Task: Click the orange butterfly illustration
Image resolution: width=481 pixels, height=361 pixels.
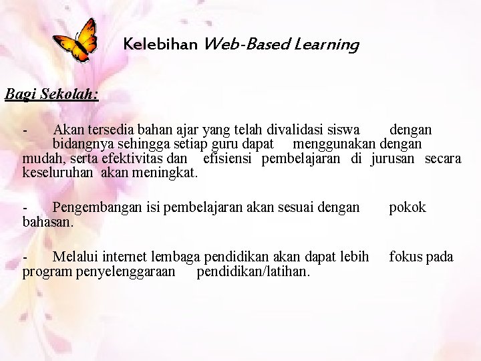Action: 75,41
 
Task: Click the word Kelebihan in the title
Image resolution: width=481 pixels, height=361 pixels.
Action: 160,45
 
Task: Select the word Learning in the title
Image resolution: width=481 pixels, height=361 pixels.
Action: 329,45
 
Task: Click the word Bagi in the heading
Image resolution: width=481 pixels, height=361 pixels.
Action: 20,94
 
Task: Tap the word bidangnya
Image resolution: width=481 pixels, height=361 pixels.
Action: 82,144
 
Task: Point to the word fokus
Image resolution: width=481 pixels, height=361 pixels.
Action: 405,257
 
